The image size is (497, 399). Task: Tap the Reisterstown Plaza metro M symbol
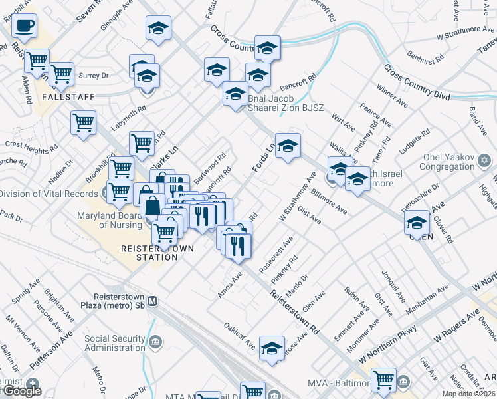pyautogui.click(x=152, y=301)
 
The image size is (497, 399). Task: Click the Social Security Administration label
pyautogui.click(x=114, y=343)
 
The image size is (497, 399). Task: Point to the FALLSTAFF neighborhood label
pyautogui.click(x=68, y=96)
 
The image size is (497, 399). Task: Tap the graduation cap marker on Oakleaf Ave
pyautogui.click(x=272, y=348)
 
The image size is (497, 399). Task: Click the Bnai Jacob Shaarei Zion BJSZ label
pyautogui.click(x=285, y=103)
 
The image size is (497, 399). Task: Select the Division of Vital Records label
pyautogui.click(x=50, y=194)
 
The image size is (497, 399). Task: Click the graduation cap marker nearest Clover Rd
pyautogui.click(x=417, y=223)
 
